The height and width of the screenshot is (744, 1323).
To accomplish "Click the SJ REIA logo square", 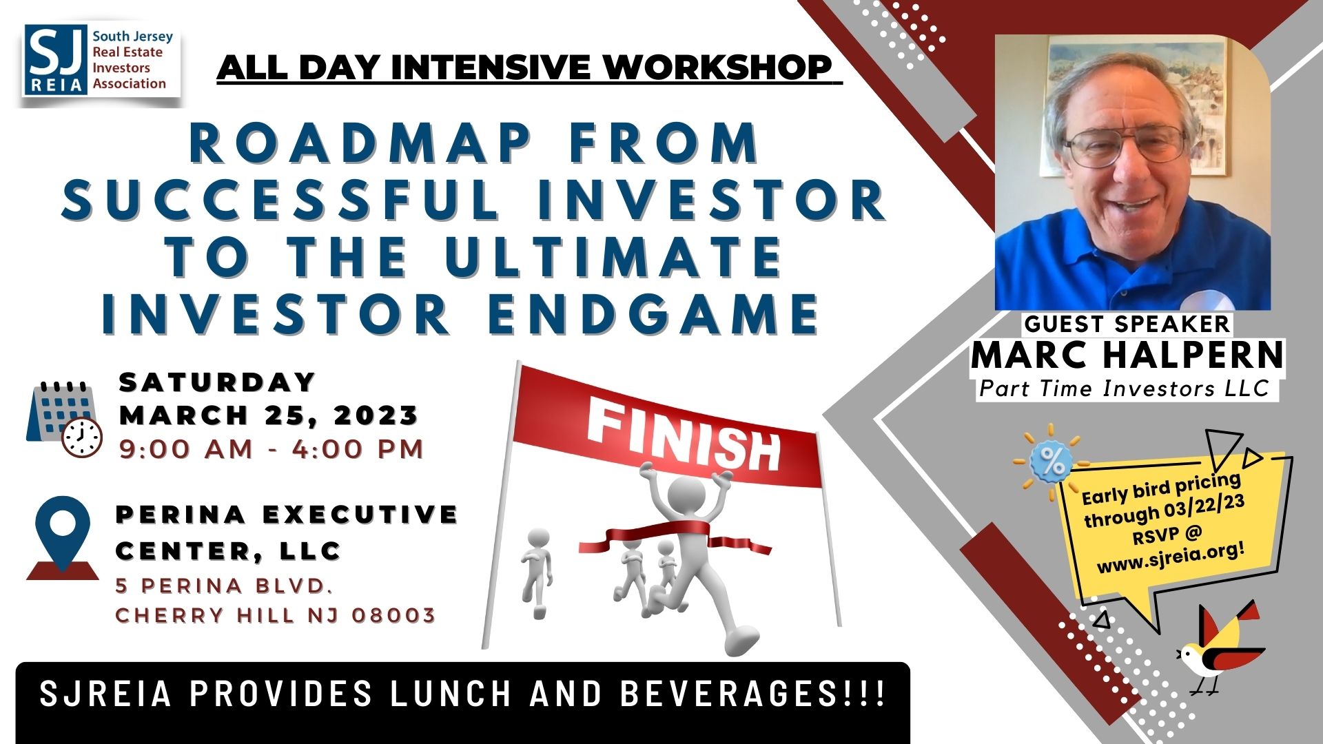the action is tap(56, 60).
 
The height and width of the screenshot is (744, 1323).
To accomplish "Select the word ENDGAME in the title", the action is tap(654, 314).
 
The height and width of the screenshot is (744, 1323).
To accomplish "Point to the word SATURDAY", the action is tap(218, 382).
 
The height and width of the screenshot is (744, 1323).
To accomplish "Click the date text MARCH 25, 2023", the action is tap(269, 415).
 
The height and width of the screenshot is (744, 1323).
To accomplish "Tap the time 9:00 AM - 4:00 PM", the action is tap(271, 449).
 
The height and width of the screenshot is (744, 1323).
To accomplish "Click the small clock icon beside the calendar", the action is tap(82, 437).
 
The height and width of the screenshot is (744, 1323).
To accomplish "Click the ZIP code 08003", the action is tap(393, 614).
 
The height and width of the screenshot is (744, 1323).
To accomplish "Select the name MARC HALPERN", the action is tap(1127, 355).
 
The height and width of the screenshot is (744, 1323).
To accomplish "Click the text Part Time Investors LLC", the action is tap(1125, 389).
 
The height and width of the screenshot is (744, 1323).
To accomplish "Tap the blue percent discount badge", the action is tap(1052, 462).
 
